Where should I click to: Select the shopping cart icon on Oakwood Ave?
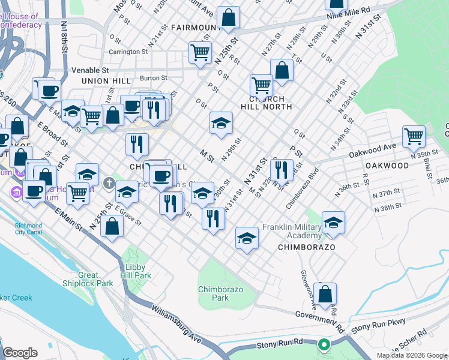point(414,136)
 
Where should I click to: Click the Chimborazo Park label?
point(221,293)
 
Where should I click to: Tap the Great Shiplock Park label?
point(88,279)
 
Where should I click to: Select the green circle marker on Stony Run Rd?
point(324,344)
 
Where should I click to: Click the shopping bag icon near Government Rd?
point(325,294)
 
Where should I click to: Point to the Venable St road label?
point(90,70)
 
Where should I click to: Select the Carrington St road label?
point(128,52)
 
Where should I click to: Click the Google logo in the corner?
point(20,353)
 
